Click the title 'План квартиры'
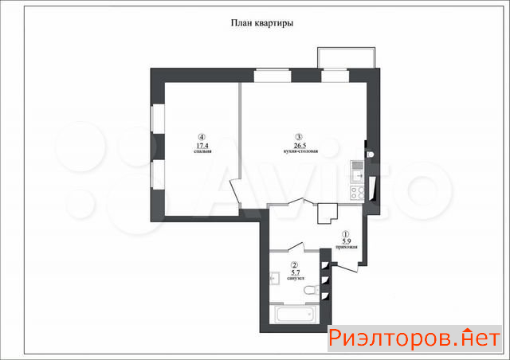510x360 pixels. (262, 23)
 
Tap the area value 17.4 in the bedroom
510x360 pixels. (202, 146)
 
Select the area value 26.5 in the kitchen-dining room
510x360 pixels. (300, 146)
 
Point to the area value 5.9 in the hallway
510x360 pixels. (346, 241)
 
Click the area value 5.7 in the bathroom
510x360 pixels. (296, 272)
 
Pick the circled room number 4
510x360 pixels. (202, 137)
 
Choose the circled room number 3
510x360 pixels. (299, 137)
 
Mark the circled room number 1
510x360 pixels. (345, 233)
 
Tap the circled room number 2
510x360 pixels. (295, 265)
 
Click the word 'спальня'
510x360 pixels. (202, 151)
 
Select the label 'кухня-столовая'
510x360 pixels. (300, 151)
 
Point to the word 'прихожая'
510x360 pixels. (347, 247)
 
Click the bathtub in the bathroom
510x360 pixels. (294, 314)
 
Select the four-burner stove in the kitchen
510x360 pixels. (357, 193)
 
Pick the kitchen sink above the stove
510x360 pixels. (357, 172)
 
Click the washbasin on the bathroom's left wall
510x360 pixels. (274, 278)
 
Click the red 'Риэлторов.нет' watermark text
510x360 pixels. (414, 338)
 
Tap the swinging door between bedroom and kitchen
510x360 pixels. (235, 192)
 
